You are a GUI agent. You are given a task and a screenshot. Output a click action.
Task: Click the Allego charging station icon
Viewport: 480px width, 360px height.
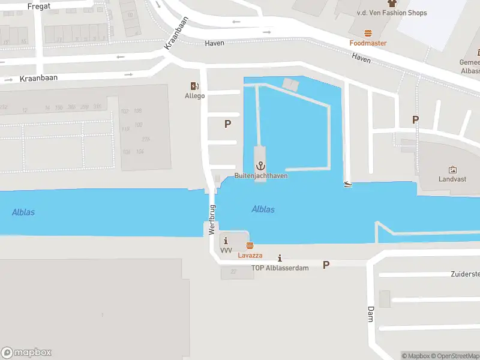194,86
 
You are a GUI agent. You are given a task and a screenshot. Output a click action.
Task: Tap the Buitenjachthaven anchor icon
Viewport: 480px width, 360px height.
261,166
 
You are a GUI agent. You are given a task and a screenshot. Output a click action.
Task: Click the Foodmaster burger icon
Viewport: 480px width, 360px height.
368,34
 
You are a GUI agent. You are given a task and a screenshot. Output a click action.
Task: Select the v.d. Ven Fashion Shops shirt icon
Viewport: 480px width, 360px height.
392,3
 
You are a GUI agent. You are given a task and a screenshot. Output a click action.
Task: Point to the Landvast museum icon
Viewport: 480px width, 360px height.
452,170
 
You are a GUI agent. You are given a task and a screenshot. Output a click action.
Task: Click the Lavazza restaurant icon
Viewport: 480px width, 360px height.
250,245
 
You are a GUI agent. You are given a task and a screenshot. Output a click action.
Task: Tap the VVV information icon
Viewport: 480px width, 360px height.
226,241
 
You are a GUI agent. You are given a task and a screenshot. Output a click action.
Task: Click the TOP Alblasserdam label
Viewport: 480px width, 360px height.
280,268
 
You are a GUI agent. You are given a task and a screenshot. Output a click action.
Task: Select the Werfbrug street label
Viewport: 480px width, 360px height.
211,219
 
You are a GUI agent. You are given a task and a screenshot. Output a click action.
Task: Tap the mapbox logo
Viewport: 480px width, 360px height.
26,353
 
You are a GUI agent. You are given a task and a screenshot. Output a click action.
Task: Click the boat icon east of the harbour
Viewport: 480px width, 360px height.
348,184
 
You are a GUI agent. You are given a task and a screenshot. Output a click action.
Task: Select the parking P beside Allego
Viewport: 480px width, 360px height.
227,124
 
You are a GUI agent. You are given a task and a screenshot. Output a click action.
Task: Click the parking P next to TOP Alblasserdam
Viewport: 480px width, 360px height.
326,265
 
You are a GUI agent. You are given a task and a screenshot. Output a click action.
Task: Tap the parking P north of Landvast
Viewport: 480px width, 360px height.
415,119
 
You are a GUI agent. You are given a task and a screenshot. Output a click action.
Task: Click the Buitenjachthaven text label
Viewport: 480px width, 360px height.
261,176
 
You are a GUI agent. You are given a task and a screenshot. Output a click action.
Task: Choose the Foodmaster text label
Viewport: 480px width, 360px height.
368,43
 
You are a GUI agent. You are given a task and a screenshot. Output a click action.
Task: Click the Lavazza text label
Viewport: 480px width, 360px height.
250,255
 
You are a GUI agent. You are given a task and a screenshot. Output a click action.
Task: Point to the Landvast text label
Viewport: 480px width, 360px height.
452,179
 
